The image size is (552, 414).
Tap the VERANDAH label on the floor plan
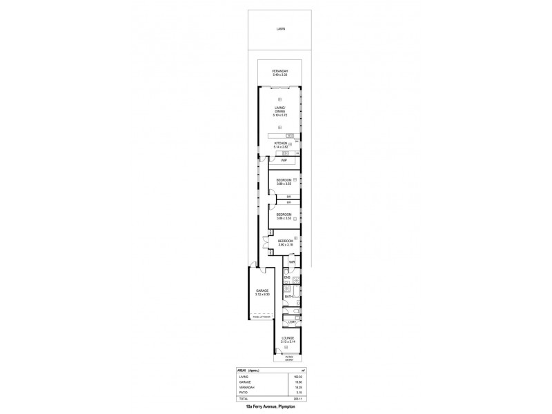point(279,72)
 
